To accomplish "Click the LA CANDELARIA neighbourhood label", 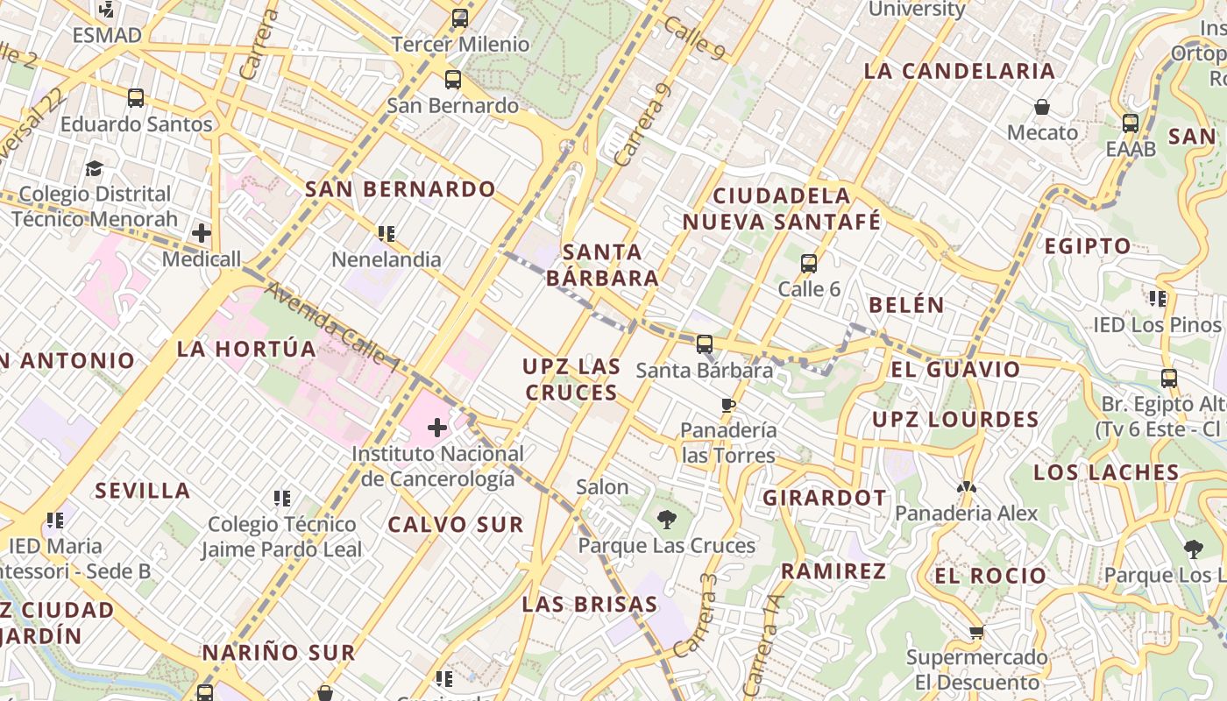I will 959,71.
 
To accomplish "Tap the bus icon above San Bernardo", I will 453,80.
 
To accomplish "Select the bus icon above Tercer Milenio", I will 460,18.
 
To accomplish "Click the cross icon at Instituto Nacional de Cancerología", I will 437,428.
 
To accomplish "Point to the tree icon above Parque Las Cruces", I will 666,520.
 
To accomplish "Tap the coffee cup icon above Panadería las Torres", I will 727,405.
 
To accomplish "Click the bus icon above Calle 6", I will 809,263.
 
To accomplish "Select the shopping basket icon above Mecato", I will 1042,107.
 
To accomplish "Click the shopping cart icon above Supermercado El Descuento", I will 976,632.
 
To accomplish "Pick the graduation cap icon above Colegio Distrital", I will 94,168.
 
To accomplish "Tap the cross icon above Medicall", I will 202,233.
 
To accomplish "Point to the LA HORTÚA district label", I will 246,349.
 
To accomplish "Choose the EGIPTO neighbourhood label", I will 1088,246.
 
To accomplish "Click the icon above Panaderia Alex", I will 966,487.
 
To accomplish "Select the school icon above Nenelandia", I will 387,234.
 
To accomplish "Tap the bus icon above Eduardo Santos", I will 136,98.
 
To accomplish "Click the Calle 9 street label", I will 694,39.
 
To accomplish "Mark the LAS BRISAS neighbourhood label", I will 590,604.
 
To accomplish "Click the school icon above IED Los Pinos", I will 1158,299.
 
